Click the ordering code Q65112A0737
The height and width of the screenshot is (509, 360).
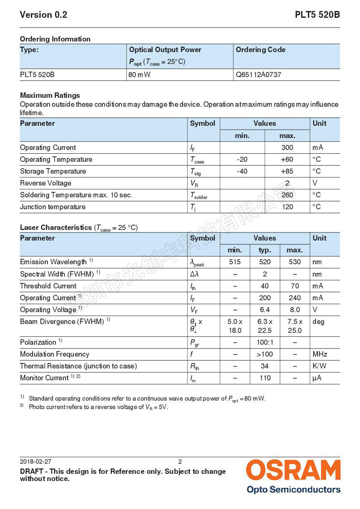pos(258,75)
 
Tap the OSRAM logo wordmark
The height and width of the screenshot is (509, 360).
pos(293,471)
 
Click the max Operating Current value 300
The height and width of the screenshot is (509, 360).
pos(287,148)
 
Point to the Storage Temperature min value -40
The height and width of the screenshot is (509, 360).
pos(242,172)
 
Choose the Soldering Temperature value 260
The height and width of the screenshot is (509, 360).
pos(287,195)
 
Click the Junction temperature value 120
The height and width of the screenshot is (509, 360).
pos(287,207)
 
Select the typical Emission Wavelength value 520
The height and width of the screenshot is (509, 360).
pos(265,262)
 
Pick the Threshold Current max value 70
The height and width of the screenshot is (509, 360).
pos(295,286)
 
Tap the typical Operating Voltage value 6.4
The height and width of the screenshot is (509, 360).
pos(265,310)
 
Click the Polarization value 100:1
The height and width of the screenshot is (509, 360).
pos(265,342)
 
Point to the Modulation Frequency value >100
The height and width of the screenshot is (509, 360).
pos(265,354)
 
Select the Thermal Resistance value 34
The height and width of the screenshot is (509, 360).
pos(265,366)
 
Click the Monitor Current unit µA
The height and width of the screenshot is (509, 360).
pos(317,378)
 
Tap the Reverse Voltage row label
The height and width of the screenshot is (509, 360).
pos(46,183)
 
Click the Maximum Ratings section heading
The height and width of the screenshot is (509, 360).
pos(50,95)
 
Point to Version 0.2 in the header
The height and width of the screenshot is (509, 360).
pos(44,15)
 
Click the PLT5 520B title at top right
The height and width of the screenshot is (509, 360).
pos(317,15)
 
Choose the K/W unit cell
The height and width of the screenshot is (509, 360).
pos(319,366)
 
